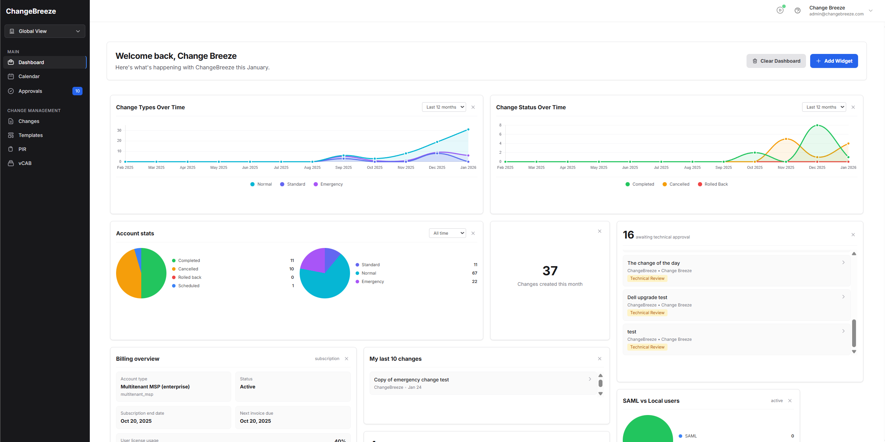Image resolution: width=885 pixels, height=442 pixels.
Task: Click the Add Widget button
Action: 834,61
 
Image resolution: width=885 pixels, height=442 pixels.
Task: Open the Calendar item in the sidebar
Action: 29,76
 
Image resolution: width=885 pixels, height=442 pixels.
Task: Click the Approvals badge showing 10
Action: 77,91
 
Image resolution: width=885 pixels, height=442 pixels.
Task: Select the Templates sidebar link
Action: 30,135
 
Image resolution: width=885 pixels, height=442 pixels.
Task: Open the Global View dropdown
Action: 45,31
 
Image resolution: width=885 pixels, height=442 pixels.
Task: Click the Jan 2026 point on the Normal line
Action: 468,130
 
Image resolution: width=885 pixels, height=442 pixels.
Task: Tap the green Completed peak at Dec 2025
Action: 817,125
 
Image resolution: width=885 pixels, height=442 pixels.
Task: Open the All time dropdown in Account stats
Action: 447,233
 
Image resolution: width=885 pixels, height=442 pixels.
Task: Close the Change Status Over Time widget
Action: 853,107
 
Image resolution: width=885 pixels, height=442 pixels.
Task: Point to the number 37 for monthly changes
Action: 550,271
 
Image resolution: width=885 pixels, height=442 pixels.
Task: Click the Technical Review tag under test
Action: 647,347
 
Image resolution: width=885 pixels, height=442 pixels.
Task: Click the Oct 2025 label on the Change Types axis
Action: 374,168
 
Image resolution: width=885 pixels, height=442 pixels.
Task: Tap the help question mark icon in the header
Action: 797,11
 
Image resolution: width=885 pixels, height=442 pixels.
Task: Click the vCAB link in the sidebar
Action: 25,163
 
